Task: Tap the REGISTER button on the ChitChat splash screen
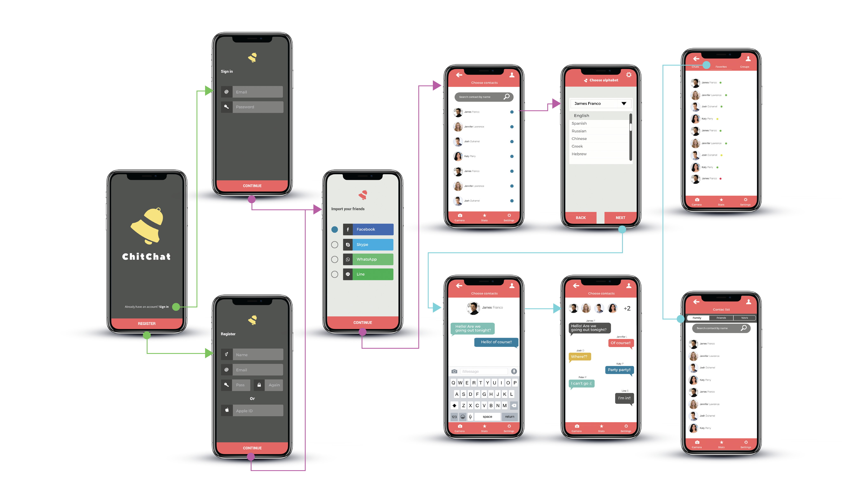[x=146, y=324]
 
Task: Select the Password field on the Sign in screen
[x=257, y=107]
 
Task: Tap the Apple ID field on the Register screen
[x=257, y=411]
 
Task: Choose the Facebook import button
[x=368, y=229]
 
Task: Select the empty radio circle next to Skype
[x=335, y=245]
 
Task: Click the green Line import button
[x=368, y=274]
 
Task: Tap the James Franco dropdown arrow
[x=624, y=103]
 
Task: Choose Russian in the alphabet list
[x=579, y=131]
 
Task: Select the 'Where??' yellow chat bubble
[x=579, y=357]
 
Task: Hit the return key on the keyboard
[x=509, y=416]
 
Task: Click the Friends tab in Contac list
[x=721, y=318]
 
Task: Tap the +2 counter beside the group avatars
[x=627, y=308]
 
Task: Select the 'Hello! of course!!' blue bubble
[x=496, y=342]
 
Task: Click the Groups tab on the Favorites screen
[x=744, y=67]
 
